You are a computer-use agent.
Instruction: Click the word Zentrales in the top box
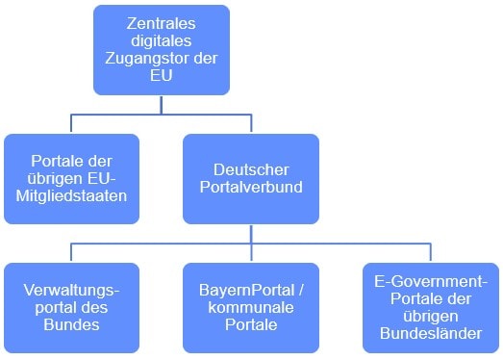tap(161, 22)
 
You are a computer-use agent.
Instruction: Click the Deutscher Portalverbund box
tap(250, 178)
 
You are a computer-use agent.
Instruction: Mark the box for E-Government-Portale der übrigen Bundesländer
tap(431, 306)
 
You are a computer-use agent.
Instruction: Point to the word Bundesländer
tap(432, 334)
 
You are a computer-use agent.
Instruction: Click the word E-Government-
tap(432, 279)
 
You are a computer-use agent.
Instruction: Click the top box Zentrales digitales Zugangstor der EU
tap(162, 49)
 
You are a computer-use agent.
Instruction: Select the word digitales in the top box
tap(161, 40)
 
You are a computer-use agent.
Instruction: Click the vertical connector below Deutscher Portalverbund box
tap(250, 233)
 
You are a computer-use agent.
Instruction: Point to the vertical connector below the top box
tap(162, 104)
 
